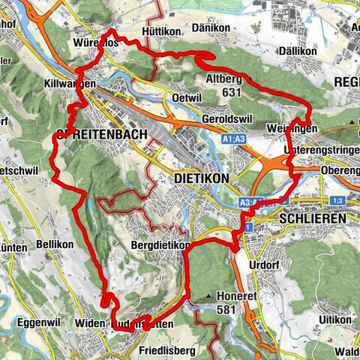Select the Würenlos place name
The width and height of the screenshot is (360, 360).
(96, 43)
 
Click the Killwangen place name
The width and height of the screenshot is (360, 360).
(70, 84)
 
